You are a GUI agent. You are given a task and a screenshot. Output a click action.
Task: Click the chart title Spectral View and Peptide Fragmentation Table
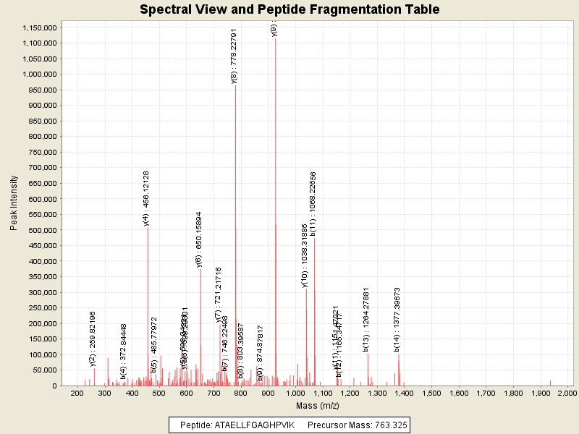[289, 9]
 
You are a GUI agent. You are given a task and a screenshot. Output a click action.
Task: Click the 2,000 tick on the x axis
[567, 393]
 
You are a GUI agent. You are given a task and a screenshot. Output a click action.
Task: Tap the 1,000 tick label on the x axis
[295, 393]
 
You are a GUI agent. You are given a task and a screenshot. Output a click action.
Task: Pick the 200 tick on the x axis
[77, 393]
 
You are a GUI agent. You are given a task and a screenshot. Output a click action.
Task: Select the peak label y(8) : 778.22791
[234, 56]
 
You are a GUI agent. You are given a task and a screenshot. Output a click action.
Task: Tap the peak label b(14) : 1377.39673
[397, 319]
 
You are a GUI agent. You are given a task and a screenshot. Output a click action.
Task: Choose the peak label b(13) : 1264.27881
[367, 319]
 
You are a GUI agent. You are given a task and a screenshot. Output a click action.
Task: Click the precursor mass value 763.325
[392, 425]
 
